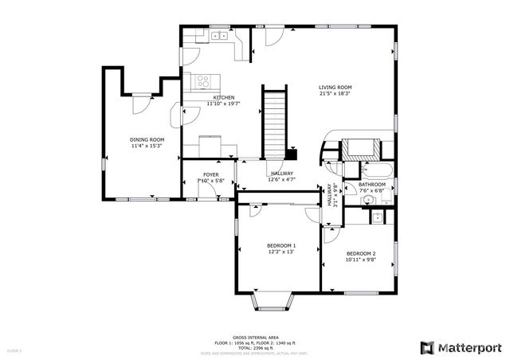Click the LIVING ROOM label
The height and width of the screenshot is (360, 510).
point(335,88)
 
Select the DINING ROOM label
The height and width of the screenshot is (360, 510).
point(147,139)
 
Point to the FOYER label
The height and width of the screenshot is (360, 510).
point(210,174)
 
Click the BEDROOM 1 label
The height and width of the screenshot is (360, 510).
point(281,245)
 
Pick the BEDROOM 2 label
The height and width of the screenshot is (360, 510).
point(360,253)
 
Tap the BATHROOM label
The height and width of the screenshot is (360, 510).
point(371,184)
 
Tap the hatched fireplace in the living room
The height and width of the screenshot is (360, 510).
point(362,148)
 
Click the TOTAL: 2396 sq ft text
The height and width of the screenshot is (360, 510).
point(255,347)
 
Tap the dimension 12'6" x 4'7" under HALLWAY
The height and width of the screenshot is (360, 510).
point(281,180)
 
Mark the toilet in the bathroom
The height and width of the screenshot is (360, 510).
point(378,216)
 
